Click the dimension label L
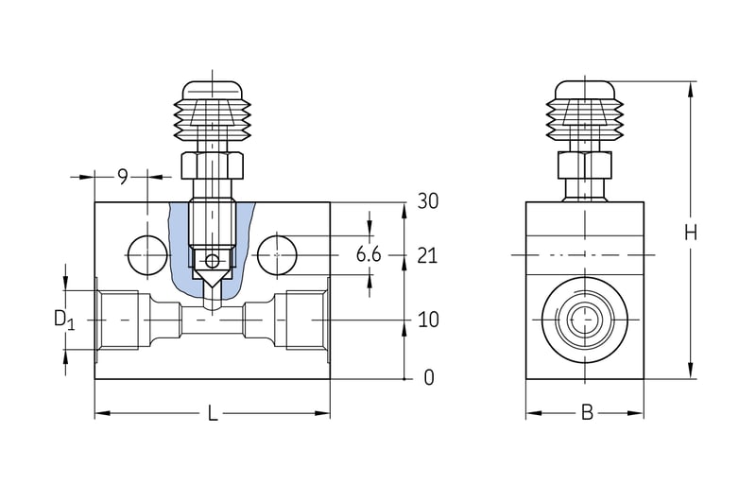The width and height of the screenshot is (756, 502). pyautogui.click(x=213, y=414)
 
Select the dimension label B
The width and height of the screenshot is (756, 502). pyautogui.click(x=586, y=413)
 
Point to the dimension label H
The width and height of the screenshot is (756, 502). pyautogui.click(x=691, y=232)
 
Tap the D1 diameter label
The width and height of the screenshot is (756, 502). pyautogui.click(x=63, y=320)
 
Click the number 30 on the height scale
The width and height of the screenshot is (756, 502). pyautogui.click(x=428, y=201)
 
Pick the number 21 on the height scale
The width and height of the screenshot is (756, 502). pyautogui.click(x=428, y=254)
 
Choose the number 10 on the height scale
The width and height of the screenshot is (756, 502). pyautogui.click(x=428, y=320)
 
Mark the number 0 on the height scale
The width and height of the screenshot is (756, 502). pyautogui.click(x=428, y=378)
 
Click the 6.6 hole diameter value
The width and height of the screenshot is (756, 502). pyautogui.click(x=369, y=254)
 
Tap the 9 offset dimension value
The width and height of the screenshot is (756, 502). pyautogui.click(x=123, y=176)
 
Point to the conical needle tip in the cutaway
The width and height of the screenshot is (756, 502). pyautogui.click(x=213, y=281)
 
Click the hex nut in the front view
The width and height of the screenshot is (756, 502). pyautogui.click(x=213, y=166)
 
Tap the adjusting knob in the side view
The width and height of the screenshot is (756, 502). pyautogui.click(x=584, y=113)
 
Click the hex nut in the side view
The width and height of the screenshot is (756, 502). pyautogui.click(x=584, y=166)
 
